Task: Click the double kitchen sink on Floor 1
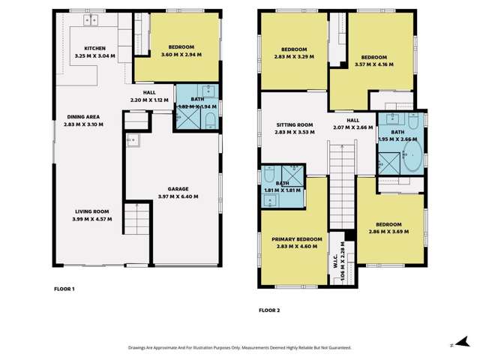coord(92,19)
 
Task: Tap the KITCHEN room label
coord(94,48)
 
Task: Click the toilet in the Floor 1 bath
coord(210,122)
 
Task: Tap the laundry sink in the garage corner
coord(132,140)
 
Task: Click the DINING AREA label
coord(83,116)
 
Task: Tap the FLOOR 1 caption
coord(64,289)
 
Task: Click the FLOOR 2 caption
coord(269,310)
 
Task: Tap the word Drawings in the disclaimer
coord(142,348)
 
